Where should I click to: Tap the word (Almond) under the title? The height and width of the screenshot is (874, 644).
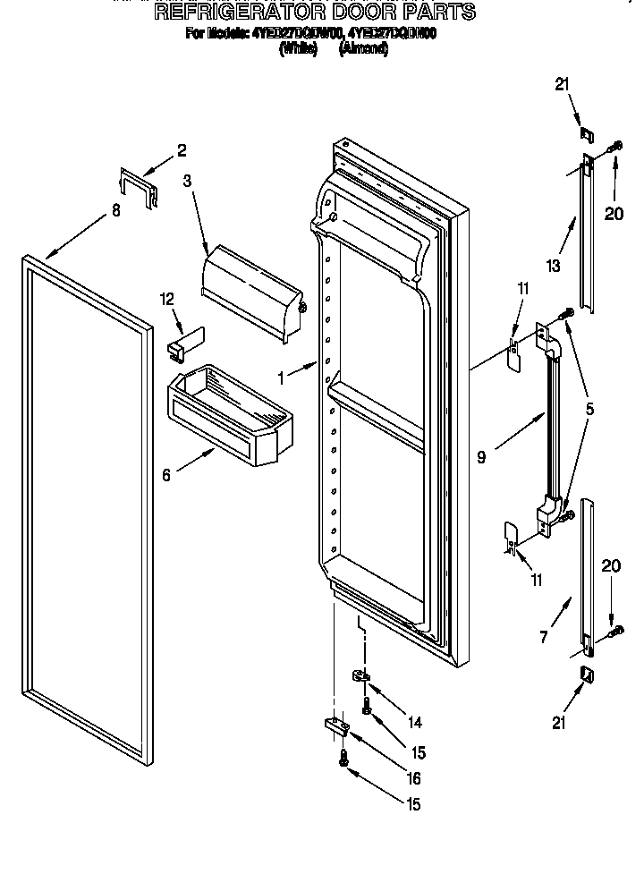click(363, 50)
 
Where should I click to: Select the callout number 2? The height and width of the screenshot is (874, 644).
click(182, 150)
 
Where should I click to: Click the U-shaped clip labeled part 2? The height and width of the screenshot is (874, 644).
click(136, 189)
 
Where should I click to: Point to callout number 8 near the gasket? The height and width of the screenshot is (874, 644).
click(115, 211)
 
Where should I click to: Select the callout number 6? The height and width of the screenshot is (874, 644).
click(166, 475)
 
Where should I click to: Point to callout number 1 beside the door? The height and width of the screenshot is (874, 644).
click(282, 378)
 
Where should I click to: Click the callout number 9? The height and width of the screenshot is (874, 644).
click(481, 457)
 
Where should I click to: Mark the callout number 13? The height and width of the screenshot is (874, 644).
click(554, 265)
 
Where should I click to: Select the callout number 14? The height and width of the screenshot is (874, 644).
click(415, 722)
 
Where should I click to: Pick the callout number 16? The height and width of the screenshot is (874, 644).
click(415, 779)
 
